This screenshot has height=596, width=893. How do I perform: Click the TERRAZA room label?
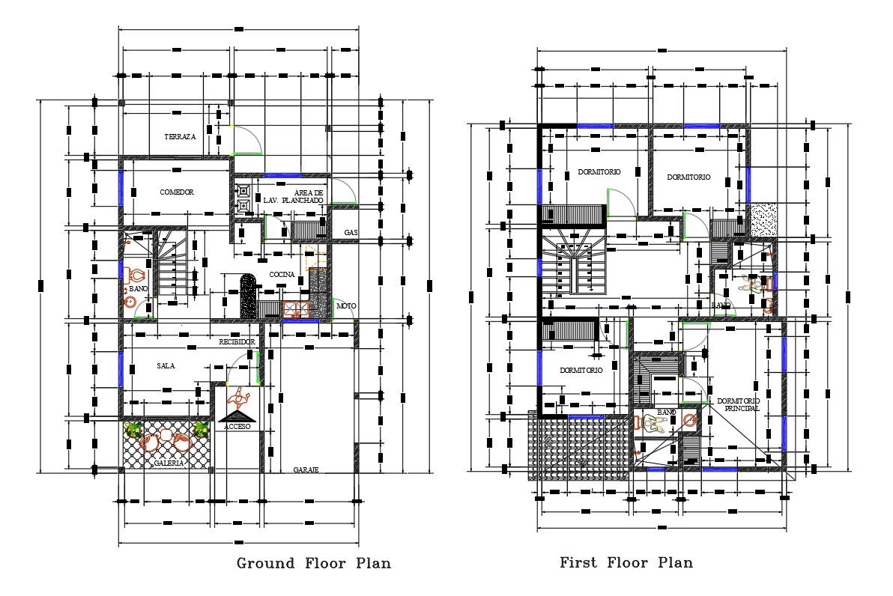coord(180,137)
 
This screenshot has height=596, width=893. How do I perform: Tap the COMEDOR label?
coord(177,192)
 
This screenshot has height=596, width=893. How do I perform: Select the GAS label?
coord(351,233)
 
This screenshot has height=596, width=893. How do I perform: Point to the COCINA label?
coord(282,275)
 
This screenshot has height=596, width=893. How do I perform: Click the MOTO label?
coord(346,306)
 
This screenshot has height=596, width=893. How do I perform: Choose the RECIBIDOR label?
coord(237,342)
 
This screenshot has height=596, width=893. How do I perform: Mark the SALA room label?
coord(166,366)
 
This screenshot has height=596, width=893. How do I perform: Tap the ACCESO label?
coord(237,426)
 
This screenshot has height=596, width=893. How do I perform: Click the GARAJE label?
coord(306,469)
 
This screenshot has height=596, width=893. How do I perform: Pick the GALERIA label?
coord(169,463)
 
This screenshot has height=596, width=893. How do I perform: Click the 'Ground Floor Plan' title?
coord(314,563)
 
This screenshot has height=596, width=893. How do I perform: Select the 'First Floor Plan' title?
coord(626,562)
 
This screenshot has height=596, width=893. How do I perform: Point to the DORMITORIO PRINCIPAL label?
coord(738,405)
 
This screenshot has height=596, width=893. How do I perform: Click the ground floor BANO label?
coord(139,288)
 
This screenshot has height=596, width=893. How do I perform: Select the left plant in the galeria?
coord(134,429)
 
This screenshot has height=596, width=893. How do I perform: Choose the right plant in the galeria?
coord(201,429)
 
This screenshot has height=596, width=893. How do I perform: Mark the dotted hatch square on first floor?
coord(764,219)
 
